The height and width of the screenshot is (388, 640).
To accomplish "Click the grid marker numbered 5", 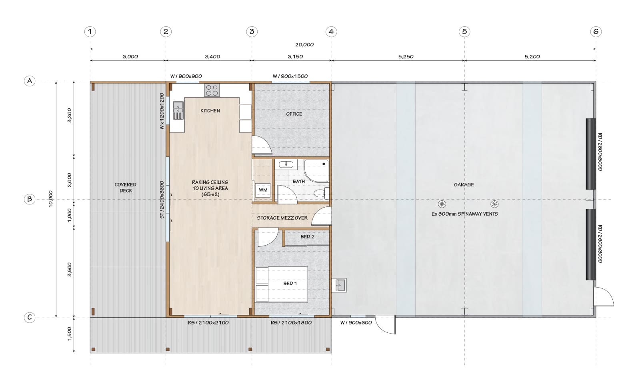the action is click(464, 32).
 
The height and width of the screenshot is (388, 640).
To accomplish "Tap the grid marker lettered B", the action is click(30, 199).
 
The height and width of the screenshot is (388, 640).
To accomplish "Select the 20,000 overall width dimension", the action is click(304, 44).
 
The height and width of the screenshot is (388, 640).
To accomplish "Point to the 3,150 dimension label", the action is click(295, 56).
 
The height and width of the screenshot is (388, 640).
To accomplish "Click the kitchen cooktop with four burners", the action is click(212, 90).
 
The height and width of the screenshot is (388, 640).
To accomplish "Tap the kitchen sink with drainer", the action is click(178, 110).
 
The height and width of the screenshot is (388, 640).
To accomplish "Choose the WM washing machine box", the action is click(263, 190).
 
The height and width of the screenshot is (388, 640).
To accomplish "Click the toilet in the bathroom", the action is click(322, 193).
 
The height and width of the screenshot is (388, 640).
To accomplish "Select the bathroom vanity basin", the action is click(286, 164).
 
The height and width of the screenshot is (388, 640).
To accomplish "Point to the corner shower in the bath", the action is click(316, 171).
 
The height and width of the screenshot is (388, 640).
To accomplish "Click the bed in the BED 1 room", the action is click(281, 284).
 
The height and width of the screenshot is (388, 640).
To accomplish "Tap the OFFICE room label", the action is click(294, 114).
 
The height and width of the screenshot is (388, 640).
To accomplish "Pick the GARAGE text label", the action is click(464, 184).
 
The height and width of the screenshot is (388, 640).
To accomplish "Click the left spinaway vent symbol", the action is click(442, 204).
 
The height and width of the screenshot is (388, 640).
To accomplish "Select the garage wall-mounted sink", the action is click(339, 285).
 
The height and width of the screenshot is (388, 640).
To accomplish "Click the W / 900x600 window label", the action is click(356, 322).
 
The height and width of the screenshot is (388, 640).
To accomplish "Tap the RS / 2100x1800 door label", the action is click(291, 322).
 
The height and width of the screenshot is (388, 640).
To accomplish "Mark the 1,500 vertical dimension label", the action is click(70, 334).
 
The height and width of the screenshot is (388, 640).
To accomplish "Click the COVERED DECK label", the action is click(126, 188).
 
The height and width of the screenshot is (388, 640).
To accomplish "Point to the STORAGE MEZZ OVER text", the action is click(282, 218).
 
